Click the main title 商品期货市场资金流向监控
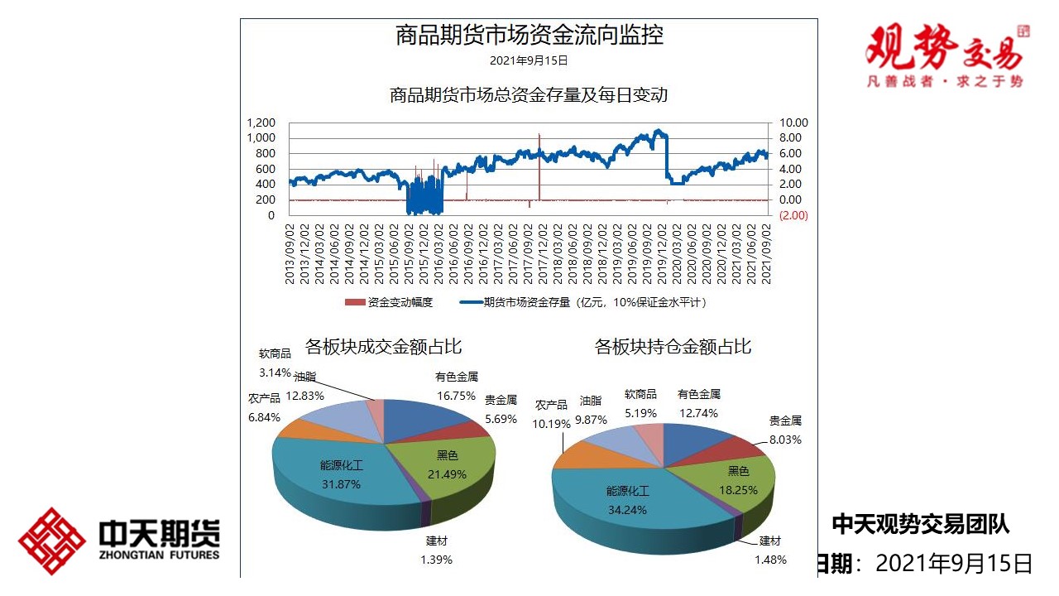click(529, 36)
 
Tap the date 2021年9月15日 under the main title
click(529, 60)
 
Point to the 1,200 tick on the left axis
click(261, 123)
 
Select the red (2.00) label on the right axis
click(793, 215)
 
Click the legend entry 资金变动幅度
click(389, 302)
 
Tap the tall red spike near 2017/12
click(539, 166)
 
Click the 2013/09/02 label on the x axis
click(290, 252)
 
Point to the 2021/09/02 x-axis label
click(766, 252)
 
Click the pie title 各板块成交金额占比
click(383, 346)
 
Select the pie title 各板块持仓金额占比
click(673, 346)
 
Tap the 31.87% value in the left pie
click(341, 484)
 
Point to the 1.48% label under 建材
click(769, 560)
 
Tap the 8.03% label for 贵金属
click(784, 440)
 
